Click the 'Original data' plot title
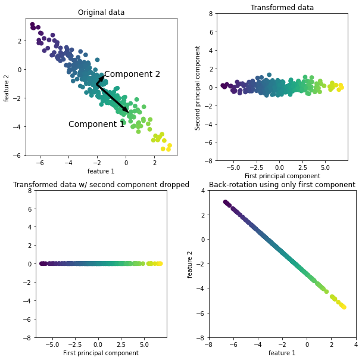(101, 13)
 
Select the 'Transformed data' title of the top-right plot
(282, 8)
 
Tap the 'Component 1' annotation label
(96, 124)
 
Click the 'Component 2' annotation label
(132, 74)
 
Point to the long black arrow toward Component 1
(113, 99)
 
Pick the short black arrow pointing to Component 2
(100, 80)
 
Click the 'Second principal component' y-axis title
(198, 87)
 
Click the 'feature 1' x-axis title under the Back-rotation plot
(282, 353)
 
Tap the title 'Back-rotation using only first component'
(282, 185)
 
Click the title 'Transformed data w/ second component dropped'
(101, 185)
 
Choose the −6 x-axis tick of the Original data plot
(40, 162)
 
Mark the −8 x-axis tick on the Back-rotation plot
(208, 344)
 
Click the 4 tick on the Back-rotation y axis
(202, 191)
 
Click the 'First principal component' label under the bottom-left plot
(101, 353)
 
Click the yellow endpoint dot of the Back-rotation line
(344, 307)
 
